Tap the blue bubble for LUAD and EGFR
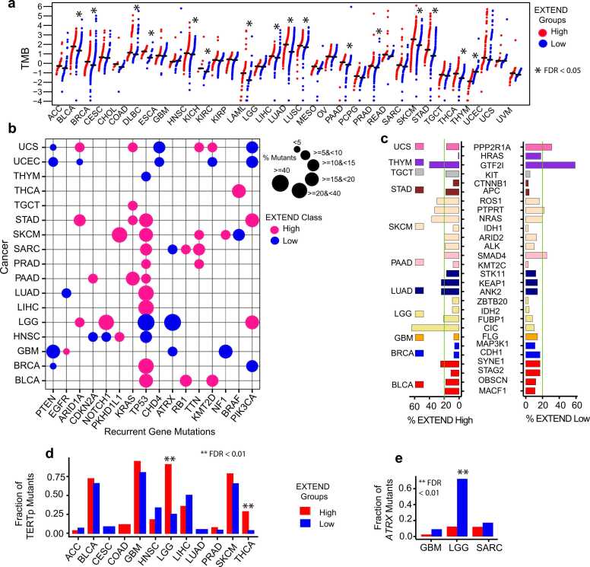66,293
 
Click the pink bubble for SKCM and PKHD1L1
119,234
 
